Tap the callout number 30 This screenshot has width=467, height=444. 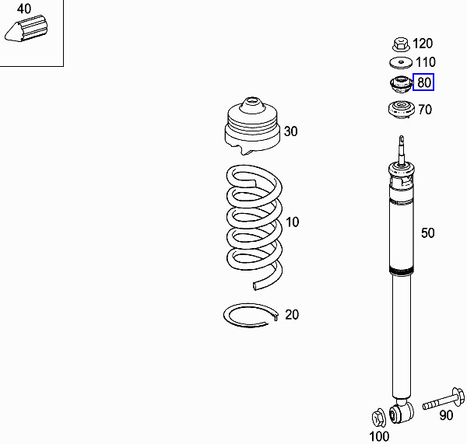point(290,131)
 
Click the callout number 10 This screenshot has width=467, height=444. point(292,222)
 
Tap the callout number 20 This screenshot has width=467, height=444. point(292,315)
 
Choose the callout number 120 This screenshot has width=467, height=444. point(423,44)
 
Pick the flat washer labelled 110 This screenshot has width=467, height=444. point(401,63)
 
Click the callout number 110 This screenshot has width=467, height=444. point(425,62)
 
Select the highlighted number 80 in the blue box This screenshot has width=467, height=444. point(424,82)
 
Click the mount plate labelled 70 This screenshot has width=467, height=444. point(401,110)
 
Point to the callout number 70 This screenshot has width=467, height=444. point(424,110)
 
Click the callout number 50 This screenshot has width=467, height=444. point(428,232)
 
